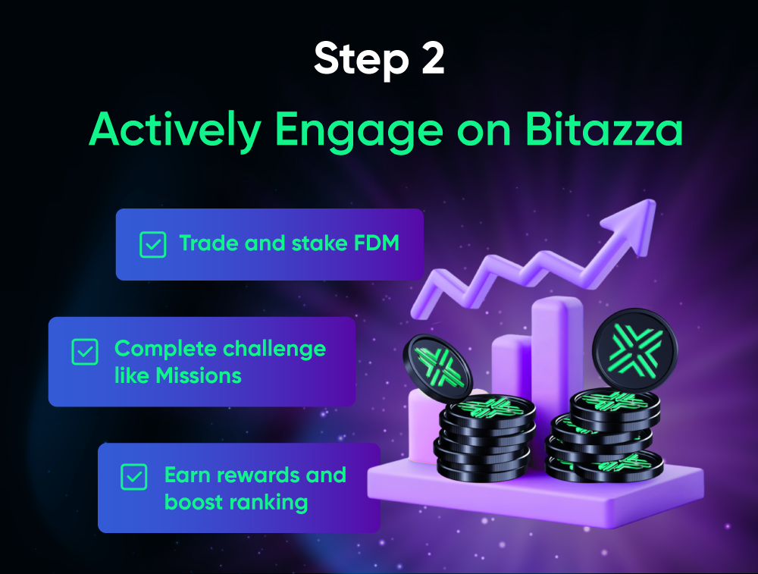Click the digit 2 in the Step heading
[430, 59]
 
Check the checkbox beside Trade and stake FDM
[153, 244]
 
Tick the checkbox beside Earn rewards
[134, 477]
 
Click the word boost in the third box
[193, 501]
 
